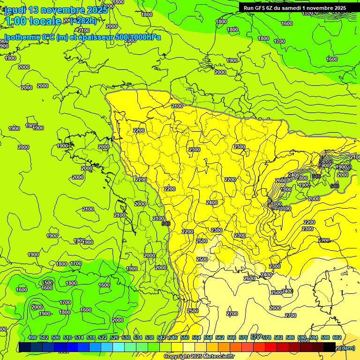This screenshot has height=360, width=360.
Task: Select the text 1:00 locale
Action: click(x=33, y=21)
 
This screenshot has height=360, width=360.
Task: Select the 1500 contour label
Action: click(x=47, y=283)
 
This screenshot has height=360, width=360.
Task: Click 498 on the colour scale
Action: click(x=32, y=337)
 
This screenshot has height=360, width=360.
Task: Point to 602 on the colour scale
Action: click(x=337, y=337)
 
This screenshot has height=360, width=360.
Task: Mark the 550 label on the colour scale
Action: click(x=185, y=337)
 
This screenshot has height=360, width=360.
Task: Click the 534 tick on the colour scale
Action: click(x=138, y=337)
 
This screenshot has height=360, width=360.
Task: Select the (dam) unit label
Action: click(x=347, y=347)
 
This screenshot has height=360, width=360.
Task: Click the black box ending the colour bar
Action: click(x=330, y=347)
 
